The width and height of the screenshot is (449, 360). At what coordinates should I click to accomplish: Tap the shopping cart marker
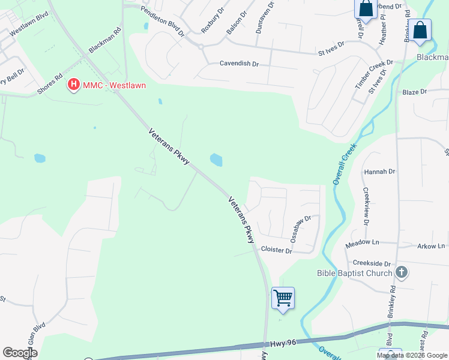point(283,297)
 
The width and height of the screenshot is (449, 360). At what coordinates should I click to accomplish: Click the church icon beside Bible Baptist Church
point(402,273)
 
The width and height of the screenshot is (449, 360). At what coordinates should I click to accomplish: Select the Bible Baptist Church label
point(354,274)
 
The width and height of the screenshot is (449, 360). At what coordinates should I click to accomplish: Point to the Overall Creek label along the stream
point(345,163)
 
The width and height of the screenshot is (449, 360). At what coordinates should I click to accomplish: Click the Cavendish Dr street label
point(239,63)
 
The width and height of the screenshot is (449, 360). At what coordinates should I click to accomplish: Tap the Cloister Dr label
point(276,250)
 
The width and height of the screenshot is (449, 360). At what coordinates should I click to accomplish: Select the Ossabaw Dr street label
point(301,229)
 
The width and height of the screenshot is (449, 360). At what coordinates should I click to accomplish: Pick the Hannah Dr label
point(380,172)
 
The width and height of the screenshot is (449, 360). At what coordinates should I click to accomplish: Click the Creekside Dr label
point(372,263)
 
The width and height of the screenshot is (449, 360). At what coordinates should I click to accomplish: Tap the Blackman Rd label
point(105,40)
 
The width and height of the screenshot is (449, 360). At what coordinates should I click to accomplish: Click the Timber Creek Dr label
point(373,74)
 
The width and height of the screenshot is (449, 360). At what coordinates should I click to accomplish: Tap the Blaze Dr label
point(414,92)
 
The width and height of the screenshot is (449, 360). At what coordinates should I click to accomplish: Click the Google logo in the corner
point(20,353)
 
